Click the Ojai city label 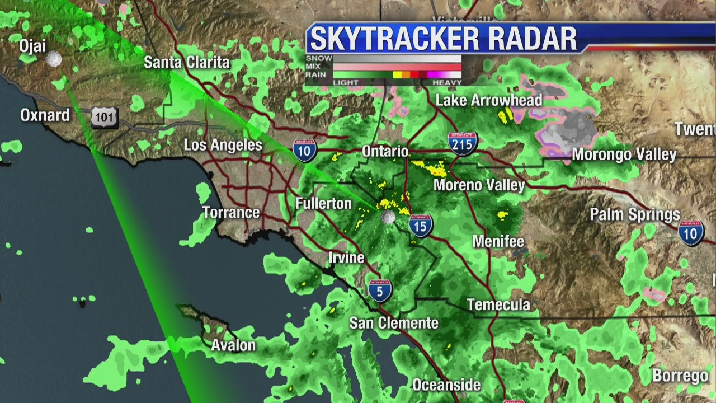(32, 45)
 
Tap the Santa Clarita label (187, 62)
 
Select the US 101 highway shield (104, 117)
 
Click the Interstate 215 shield (462, 143)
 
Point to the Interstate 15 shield (420, 226)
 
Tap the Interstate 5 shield (380, 291)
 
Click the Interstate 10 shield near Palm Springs (691, 232)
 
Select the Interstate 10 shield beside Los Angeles (305, 150)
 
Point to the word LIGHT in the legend (346, 83)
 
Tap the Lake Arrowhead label (489, 101)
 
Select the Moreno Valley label (479, 185)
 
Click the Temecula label (498, 305)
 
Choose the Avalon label (233, 345)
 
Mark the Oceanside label (446, 385)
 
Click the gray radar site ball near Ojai (54, 59)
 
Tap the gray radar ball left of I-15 (388, 217)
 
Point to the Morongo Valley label (624, 154)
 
